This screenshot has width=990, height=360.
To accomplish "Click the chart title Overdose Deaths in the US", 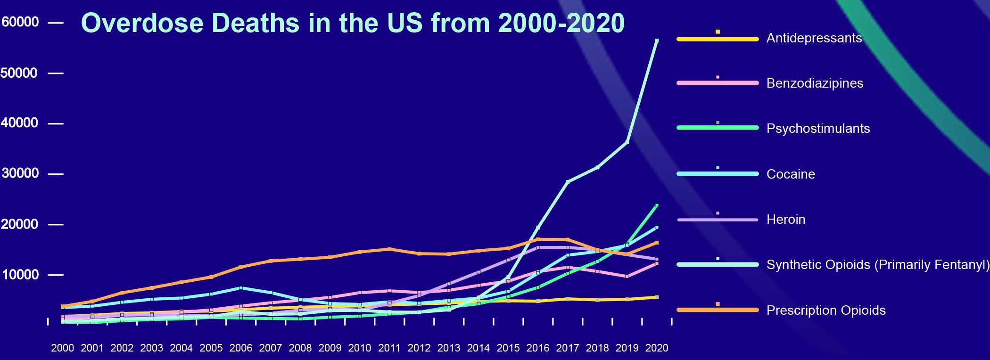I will (x=353, y=23).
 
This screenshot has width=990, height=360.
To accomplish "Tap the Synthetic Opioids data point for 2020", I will (x=657, y=41).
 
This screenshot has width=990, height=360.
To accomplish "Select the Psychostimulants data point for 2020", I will (x=657, y=205).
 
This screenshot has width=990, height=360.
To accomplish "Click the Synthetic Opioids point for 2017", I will (x=568, y=181).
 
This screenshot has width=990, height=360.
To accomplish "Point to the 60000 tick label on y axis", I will (x=20, y=22).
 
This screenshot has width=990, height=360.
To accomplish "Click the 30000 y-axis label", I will (x=20, y=173).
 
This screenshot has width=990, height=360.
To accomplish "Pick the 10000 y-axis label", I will (x=20, y=275).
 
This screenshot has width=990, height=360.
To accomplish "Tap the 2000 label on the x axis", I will (x=62, y=348).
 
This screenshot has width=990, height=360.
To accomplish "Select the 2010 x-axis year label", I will (x=360, y=348).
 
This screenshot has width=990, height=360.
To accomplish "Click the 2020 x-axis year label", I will (x=657, y=348).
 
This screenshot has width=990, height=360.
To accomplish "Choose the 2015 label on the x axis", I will (x=508, y=348).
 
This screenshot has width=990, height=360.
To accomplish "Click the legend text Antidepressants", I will (x=814, y=38).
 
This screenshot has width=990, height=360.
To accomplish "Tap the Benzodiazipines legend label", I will (x=815, y=83).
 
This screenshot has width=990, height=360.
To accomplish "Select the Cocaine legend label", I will (x=791, y=174).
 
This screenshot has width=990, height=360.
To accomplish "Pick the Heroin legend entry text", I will (x=786, y=220).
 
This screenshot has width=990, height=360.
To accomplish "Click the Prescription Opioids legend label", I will (x=826, y=311).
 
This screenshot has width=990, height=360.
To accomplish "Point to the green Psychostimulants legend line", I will (x=718, y=128).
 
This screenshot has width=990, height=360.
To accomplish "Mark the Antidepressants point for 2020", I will (x=657, y=297).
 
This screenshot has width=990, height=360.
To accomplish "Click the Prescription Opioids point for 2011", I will (x=389, y=249).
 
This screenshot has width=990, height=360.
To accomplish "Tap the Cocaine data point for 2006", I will (x=241, y=288).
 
